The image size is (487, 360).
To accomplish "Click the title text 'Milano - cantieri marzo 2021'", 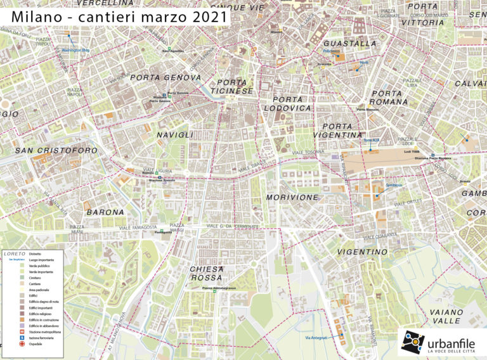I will tap(119, 16).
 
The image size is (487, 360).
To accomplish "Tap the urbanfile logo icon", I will tap(412, 342).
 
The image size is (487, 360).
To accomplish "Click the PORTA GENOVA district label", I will tap(165, 77).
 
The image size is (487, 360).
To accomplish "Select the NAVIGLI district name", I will tap(175, 135).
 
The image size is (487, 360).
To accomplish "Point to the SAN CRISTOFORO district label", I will tap(56, 151).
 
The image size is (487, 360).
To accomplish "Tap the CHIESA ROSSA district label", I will tap(207, 273).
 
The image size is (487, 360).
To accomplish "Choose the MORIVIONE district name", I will tap(292, 198).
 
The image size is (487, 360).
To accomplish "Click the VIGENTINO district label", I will tap(362, 252).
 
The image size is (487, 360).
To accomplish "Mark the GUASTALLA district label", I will tap(349, 44).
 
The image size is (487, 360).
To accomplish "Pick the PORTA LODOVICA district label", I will tap(292, 104).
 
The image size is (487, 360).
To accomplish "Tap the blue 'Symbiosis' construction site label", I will tap(393, 185).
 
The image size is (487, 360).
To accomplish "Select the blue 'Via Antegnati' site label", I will tap(316, 337).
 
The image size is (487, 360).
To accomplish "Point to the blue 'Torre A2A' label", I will tap(372, 140).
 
